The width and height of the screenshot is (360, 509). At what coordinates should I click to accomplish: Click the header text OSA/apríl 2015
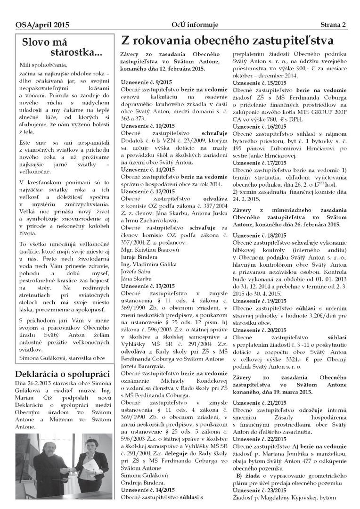pyautogui.click(x=35, y=25)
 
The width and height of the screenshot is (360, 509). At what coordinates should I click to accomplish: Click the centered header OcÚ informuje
pyautogui.click(x=181, y=25)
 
